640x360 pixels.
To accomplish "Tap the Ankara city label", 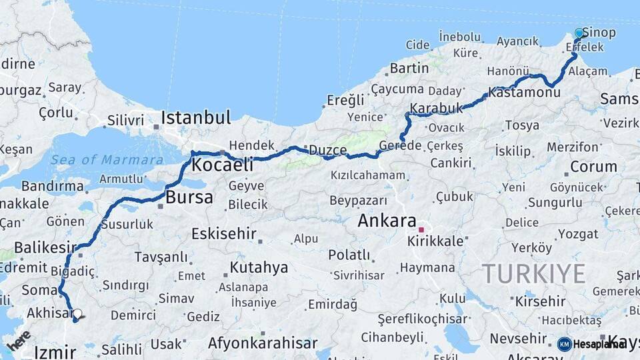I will [387, 221].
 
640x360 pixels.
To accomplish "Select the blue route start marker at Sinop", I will [579, 33].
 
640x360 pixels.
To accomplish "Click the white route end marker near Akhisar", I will [77, 313].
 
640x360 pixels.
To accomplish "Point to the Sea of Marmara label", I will [107, 160].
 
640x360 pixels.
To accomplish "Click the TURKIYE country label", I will [533, 273].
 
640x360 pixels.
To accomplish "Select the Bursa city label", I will [189, 197].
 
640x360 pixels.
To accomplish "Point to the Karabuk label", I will [436, 108].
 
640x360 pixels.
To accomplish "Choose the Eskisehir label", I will [224, 233].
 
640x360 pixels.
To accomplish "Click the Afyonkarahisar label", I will [263, 343].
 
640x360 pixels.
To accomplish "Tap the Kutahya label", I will [259, 267].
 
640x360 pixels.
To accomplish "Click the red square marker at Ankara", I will [421, 230].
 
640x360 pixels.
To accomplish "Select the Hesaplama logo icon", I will [564, 344].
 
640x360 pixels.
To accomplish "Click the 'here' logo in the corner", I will [19, 340].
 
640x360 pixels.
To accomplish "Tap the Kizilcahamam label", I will [367, 175].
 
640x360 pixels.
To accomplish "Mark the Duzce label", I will [327, 150].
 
